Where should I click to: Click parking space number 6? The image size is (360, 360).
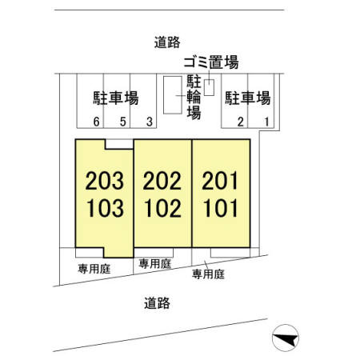pos(96,122)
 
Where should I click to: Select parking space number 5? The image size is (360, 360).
pos(122,122)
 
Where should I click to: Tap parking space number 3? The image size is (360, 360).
pos(150,122)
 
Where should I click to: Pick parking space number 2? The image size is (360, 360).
pos(241,122)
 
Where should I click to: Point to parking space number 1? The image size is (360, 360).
pos(266,122)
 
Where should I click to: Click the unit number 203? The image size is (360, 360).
pos(105,181)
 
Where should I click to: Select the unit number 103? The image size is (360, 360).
pos(105,208)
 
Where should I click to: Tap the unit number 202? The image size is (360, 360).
pos(162,181)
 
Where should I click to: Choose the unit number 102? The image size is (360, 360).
pos(162,208)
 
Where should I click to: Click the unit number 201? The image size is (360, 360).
pos(220,181)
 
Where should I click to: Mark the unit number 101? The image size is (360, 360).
pos(220,208)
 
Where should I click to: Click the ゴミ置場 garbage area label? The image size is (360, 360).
pos(211,62)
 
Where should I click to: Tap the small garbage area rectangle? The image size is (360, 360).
pos(209,87)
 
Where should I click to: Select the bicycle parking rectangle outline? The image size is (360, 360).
pos(163,95)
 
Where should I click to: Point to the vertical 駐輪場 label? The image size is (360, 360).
pos(194,97)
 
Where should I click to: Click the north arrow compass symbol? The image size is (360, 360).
pos(286,338)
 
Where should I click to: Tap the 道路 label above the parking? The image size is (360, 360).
pos(167,42)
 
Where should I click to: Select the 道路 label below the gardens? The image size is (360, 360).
pos(157,303)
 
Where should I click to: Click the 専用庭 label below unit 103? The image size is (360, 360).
pos(94,269)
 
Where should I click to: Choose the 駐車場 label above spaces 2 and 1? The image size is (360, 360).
pos(248,98)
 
